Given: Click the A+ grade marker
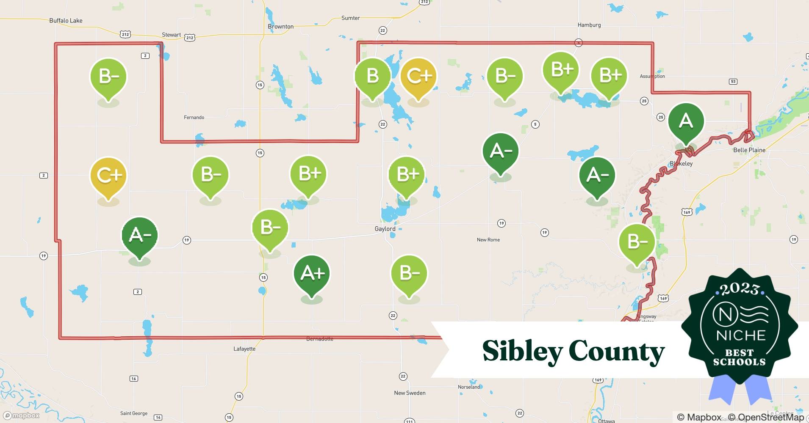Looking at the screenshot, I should pyautogui.click(x=312, y=274).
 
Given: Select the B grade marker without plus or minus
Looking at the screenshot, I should pyautogui.click(x=372, y=76).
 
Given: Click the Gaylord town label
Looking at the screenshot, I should pyautogui.click(x=385, y=229).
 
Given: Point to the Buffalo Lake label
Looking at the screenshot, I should pyautogui.click(x=66, y=20).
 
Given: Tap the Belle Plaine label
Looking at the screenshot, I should pyautogui.click(x=749, y=150).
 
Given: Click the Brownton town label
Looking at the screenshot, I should pyautogui.click(x=280, y=26).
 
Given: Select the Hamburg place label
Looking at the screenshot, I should pyautogui.click(x=589, y=25).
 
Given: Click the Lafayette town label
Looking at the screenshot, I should pyautogui.click(x=244, y=349).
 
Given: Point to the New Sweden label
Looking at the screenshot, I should pyautogui.click(x=410, y=393).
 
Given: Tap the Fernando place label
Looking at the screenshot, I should pyautogui.click(x=194, y=118).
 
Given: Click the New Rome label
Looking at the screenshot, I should pyautogui.click(x=488, y=240).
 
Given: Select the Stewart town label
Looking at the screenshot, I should pyautogui.click(x=171, y=35).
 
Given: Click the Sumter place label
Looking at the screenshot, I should pyautogui.click(x=350, y=18).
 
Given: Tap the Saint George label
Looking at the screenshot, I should pyautogui.click(x=134, y=413).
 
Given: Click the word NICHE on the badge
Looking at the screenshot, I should pyautogui.click(x=741, y=335).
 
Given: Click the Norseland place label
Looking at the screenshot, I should pyautogui.click(x=469, y=387).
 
